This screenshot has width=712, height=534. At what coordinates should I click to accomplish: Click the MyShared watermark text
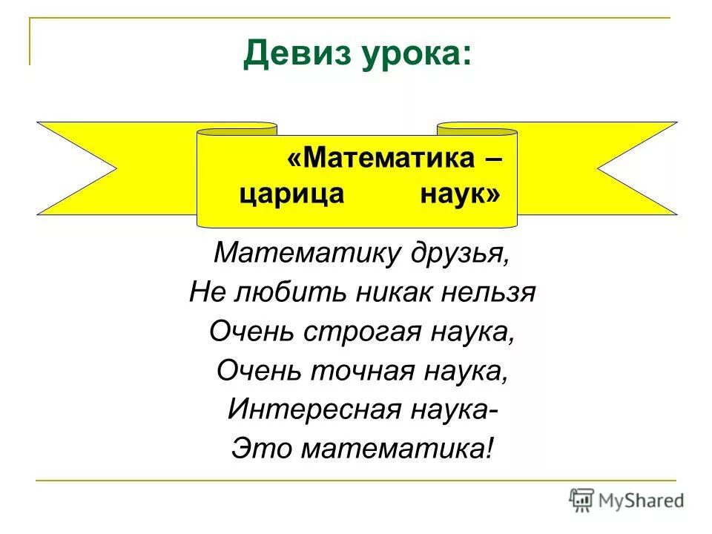[642, 501]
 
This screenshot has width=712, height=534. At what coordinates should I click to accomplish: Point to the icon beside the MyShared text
[581, 501]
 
